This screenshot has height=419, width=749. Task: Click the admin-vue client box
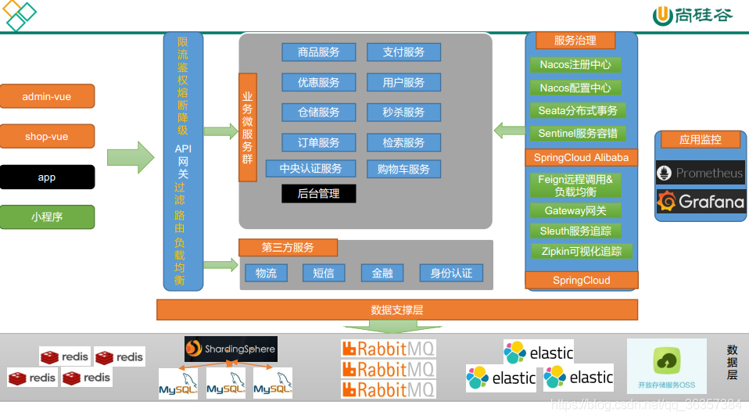(x=47, y=96)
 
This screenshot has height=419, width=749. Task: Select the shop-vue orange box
(x=47, y=136)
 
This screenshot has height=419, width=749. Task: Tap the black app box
(x=47, y=177)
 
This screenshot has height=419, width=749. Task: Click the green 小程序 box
(x=47, y=217)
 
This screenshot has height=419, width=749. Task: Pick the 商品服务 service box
(x=318, y=52)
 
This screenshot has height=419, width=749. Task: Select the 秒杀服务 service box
(x=403, y=112)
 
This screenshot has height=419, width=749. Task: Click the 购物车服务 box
(x=403, y=169)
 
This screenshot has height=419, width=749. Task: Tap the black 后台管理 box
(x=318, y=193)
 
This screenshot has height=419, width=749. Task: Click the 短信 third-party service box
(x=323, y=273)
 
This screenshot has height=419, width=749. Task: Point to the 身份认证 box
(x=450, y=273)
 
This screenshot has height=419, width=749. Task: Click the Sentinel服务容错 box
(x=578, y=134)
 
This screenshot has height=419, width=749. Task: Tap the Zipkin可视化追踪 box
(x=581, y=252)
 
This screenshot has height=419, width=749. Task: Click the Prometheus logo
(x=700, y=173)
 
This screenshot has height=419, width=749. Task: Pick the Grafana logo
(x=700, y=202)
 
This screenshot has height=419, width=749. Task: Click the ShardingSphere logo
(x=231, y=349)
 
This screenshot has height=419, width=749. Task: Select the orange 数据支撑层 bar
(x=396, y=310)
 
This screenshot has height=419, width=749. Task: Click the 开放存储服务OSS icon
(x=666, y=366)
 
